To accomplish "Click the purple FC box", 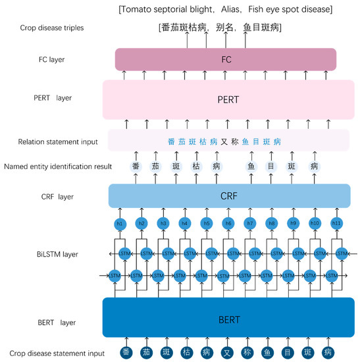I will pos(226,59).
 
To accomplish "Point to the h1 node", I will pos(120,224).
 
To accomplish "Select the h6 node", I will pos(228,224).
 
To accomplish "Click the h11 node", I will pos(336,224).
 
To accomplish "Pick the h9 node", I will pos(293,224).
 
